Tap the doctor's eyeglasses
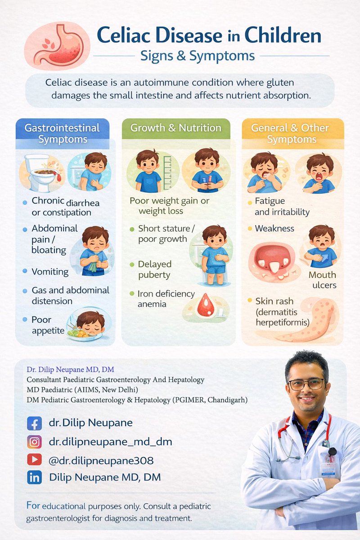point(306,384)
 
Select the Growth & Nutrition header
point(176,128)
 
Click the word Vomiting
point(50,271)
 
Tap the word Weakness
point(274,229)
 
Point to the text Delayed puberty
point(155,270)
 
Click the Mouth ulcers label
point(322,280)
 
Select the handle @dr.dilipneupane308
point(101,460)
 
